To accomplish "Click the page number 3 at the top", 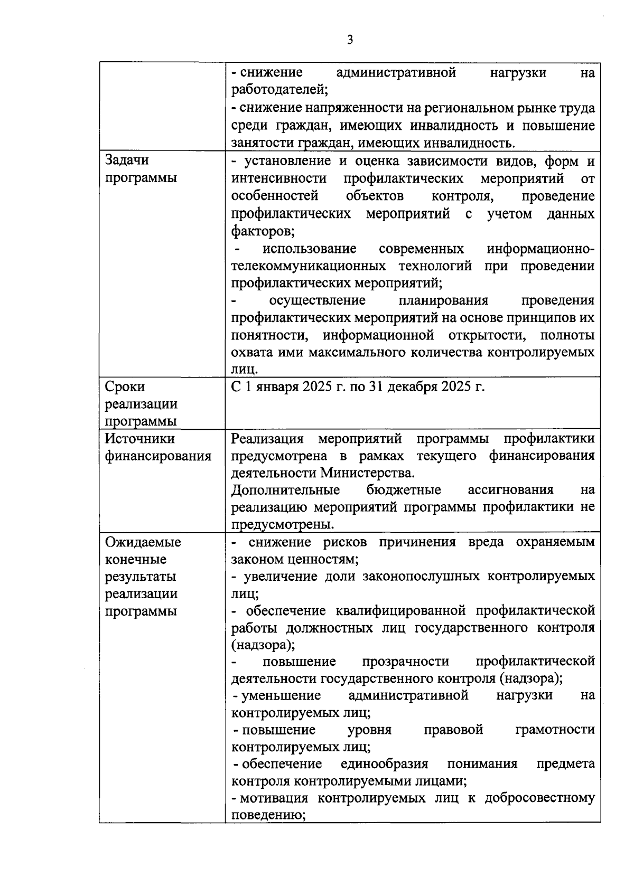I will (x=350, y=40).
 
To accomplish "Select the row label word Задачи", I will (x=127, y=160).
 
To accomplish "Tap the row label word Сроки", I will (x=125, y=387).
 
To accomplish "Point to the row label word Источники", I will (x=140, y=439).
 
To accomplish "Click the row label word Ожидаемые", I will (x=143, y=542).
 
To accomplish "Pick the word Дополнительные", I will (x=285, y=489).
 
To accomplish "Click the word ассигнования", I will (x=510, y=489).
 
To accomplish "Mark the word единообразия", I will (x=384, y=764).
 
